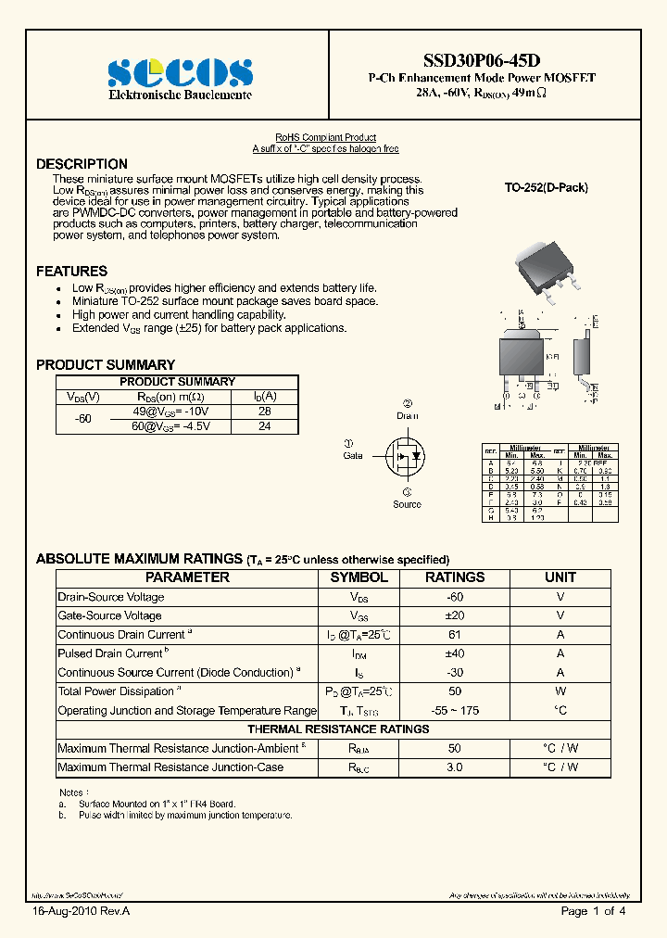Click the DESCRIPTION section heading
point(82,164)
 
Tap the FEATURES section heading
point(71,272)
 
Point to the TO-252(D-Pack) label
point(546,187)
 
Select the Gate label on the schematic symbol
point(353,455)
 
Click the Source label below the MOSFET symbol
point(407,504)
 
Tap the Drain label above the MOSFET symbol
point(408,415)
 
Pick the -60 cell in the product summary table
point(83,419)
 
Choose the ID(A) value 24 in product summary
point(264,426)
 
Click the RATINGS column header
point(454,577)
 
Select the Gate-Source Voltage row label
point(109,615)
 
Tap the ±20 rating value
point(454,615)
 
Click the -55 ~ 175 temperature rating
point(454,710)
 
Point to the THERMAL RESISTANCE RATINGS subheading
point(338,729)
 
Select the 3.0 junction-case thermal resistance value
point(454,767)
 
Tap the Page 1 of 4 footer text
point(594,911)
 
